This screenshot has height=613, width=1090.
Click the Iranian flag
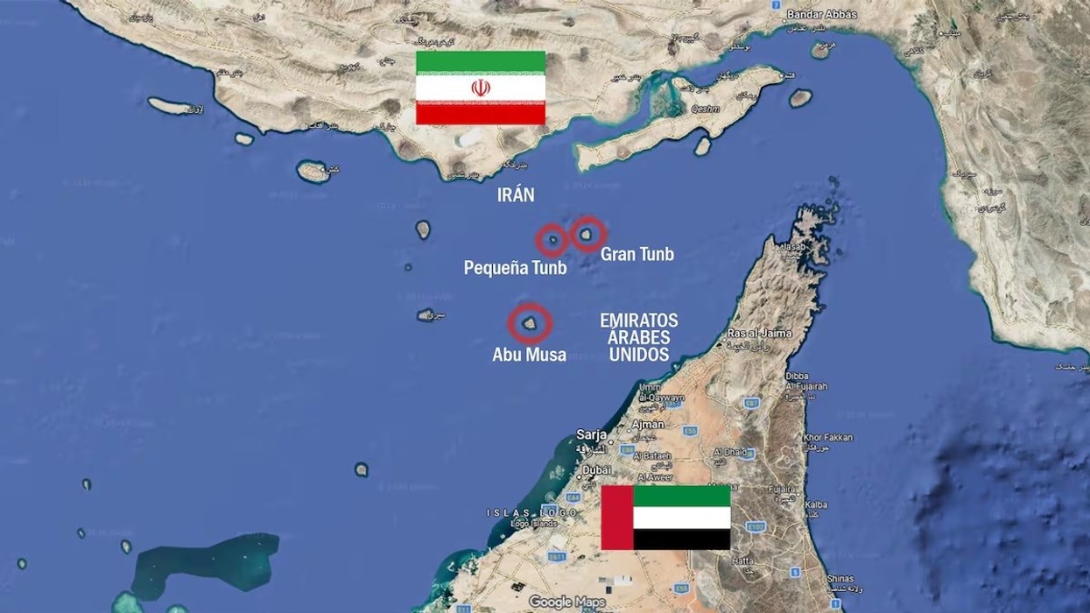[x=481, y=88]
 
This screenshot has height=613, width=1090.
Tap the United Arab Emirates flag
[x=665, y=518]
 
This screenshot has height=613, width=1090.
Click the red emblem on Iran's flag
[x=481, y=88]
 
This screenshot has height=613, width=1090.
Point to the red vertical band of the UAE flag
[x=617, y=518]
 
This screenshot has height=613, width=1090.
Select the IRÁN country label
[x=516, y=195]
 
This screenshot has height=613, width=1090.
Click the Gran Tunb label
[x=637, y=255]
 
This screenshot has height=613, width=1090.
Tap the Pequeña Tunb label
[x=515, y=268]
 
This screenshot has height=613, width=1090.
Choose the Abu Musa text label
[x=529, y=355]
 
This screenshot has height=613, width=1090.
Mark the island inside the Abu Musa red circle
[x=530, y=323]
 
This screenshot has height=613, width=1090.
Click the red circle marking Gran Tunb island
[x=588, y=234]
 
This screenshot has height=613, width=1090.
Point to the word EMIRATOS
[x=639, y=321]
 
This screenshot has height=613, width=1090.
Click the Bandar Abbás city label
[x=821, y=14]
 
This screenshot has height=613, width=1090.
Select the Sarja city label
[x=592, y=434]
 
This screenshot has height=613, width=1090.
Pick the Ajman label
[x=648, y=424]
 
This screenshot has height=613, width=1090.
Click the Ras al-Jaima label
[x=760, y=333]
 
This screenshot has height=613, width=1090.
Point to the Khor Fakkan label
[x=827, y=437]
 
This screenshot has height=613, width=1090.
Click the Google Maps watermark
[x=566, y=602]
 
